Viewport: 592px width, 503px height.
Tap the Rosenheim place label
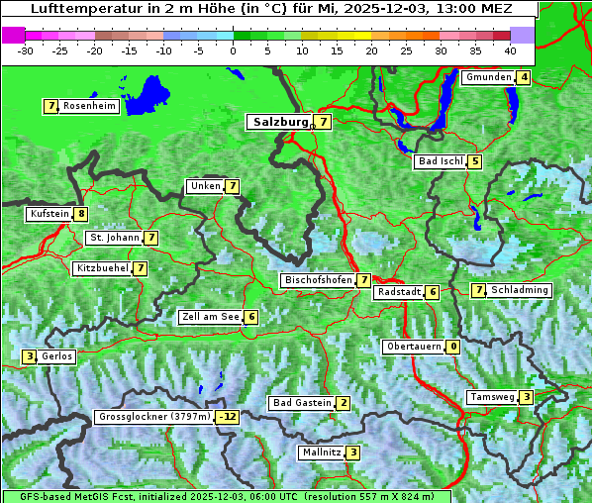click(x=89, y=106)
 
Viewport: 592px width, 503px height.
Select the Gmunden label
click(x=488, y=77)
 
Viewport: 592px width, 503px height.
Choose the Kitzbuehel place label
click(x=102, y=268)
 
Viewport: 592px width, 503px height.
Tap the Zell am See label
click(x=211, y=317)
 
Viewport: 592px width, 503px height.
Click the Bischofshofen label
click(x=318, y=280)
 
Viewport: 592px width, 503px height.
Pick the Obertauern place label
click(x=413, y=347)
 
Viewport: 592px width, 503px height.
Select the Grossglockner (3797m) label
click(x=155, y=417)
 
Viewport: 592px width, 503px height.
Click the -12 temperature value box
click(x=229, y=417)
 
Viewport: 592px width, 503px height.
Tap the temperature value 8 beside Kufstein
click(x=81, y=214)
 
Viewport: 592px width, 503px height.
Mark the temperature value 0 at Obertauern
click(x=452, y=347)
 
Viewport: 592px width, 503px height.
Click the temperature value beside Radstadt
click(x=433, y=292)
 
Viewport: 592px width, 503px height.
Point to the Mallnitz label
click(x=321, y=453)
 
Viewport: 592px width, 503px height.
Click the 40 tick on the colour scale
click(x=510, y=50)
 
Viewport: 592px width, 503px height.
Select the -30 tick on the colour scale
click(x=26, y=50)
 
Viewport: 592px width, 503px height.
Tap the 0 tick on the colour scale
click(x=234, y=50)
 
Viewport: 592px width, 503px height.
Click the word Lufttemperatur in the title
click(x=73, y=8)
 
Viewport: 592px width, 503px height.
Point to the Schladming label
click(x=520, y=290)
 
